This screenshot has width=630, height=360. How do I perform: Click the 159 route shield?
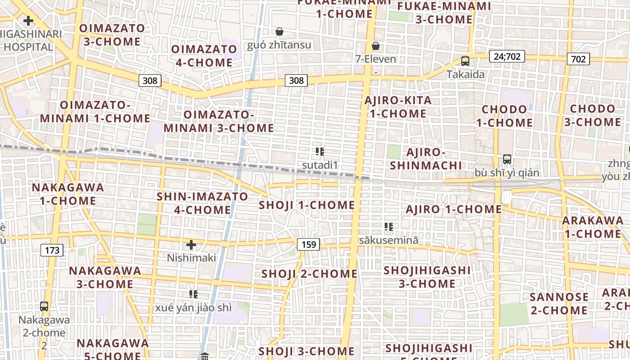(308, 244)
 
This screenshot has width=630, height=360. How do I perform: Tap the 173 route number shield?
(52, 250)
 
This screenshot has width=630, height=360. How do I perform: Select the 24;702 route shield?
(506, 56)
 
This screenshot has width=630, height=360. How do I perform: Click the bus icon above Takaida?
(465, 61)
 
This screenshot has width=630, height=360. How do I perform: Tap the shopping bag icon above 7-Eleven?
(376, 46)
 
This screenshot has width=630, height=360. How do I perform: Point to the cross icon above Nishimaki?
(191, 245)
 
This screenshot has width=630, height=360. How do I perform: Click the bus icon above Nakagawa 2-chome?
(44, 306)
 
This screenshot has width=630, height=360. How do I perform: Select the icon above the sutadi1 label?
(320, 152)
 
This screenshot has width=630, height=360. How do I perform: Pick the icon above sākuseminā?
(389, 227)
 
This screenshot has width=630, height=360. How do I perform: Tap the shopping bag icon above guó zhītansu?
(279, 31)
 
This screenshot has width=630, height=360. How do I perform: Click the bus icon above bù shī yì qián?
(507, 159)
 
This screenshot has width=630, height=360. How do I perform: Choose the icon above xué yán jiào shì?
(193, 294)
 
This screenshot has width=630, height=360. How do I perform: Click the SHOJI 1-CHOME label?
(307, 206)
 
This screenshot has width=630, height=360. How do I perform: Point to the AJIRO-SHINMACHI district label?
(426, 159)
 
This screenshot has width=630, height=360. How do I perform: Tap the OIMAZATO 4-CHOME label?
(204, 56)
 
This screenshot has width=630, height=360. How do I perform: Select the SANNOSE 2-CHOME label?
(559, 304)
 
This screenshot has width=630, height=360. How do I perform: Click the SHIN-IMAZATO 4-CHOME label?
(202, 203)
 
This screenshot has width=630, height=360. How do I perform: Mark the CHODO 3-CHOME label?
(592, 116)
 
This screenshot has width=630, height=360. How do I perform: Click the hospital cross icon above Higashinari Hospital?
(28, 21)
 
